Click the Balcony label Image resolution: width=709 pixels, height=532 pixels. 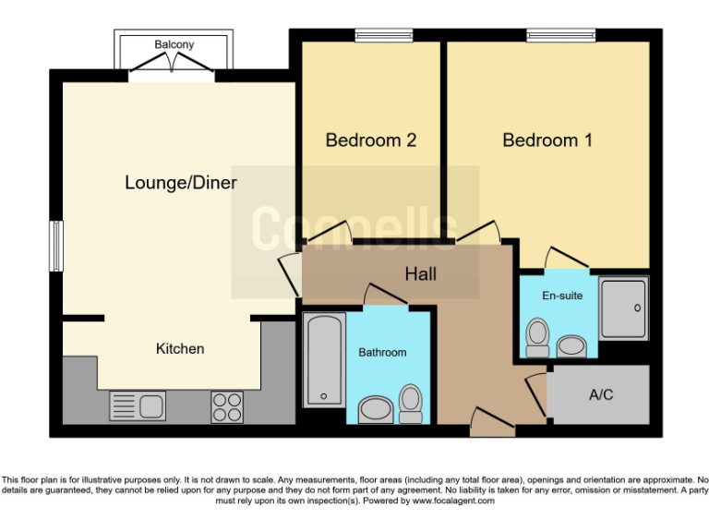click(174, 44)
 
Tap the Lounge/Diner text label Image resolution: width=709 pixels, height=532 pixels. click(181, 183)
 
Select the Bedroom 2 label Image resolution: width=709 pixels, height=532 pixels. click(371, 140)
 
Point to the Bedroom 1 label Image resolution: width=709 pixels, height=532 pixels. click(547, 140)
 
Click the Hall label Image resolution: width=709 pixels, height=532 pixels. click(420, 274)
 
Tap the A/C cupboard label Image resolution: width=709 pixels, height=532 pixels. click(600, 394)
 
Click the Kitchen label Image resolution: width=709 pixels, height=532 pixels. click(180, 348)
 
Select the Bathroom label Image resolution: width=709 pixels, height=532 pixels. click(382, 352)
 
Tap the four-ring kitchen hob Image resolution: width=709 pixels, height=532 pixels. click(227, 405)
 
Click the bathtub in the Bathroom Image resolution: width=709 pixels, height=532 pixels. click(324, 360)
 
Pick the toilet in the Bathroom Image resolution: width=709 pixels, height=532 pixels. click(411, 402)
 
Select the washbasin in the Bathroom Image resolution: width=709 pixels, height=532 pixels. click(375, 408)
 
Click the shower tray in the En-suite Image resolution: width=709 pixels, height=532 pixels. click(623, 308)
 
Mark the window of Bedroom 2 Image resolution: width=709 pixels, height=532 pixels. click(371, 36)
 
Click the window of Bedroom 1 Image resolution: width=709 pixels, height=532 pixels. click(561, 36)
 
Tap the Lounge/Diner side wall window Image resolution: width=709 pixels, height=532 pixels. click(56, 247)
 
